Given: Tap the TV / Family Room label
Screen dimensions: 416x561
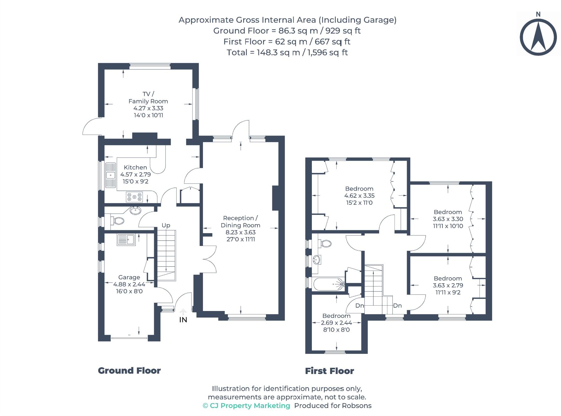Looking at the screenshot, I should coord(148,98).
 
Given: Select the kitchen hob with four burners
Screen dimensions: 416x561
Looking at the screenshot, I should coord(134,197).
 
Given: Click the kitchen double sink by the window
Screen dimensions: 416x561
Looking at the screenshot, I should coord(110,175).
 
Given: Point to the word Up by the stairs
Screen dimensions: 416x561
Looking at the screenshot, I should coord(166,225).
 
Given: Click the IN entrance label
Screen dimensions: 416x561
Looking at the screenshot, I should coord(183,320).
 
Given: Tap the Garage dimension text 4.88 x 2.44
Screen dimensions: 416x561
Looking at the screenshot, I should coord(129,284).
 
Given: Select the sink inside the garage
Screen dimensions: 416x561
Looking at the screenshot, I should coord(126,240).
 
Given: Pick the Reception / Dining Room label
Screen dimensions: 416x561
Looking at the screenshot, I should coord(240,221).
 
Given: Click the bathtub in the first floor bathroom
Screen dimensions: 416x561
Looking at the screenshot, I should coord(328,284).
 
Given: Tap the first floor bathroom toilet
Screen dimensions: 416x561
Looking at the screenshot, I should coord(325,244).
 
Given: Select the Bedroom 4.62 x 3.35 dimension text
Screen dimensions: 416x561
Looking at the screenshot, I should coord(359,196).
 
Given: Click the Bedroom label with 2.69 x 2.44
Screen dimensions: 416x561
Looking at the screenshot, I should coord(336,316).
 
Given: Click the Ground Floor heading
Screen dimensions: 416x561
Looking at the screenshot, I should coord(129,371).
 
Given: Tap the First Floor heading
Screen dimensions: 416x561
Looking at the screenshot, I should coord(329,371).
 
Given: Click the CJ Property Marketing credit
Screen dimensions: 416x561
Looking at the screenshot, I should coord(247,406).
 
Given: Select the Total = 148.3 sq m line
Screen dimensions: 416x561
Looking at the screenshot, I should coord(287,52).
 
